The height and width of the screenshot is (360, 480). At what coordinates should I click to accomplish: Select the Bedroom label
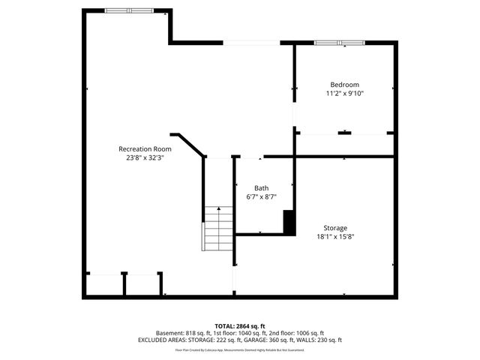pyautogui.click(x=344, y=85)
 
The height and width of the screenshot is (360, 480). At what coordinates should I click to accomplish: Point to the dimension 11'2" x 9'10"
pyautogui.click(x=344, y=94)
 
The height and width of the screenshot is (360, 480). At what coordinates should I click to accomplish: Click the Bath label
pyautogui.click(x=261, y=188)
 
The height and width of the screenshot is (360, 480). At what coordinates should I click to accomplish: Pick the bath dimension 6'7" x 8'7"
pyautogui.click(x=261, y=197)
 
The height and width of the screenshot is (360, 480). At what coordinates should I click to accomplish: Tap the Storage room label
pyautogui.click(x=335, y=228)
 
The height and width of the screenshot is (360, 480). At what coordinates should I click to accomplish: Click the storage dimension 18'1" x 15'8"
pyautogui.click(x=335, y=237)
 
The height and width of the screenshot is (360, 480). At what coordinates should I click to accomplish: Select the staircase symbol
pyautogui.click(x=218, y=228)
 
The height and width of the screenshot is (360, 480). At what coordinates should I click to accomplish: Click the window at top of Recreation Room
pyautogui.click(x=129, y=11)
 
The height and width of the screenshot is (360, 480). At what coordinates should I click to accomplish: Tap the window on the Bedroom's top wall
pyautogui.click(x=338, y=43)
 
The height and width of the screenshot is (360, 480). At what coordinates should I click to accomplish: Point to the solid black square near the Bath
pyautogui.click(x=288, y=222)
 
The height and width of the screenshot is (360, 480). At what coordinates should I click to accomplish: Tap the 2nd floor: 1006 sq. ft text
pyautogui.click(x=297, y=333)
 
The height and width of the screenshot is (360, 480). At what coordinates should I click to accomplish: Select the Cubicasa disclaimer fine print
pyautogui.click(x=239, y=349)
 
